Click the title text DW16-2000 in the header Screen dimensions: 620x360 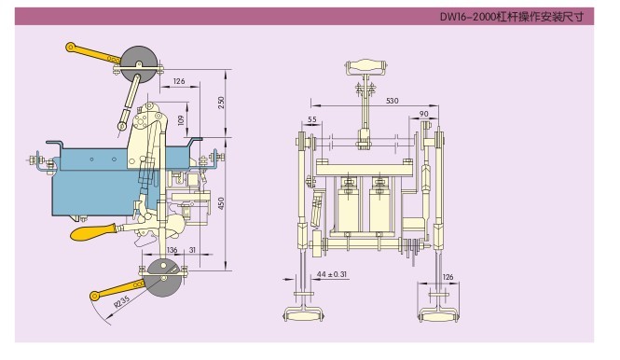click(x=468, y=17)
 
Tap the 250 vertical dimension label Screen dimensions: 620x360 click(x=221, y=103)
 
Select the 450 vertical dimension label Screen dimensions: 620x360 click(x=221, y=203)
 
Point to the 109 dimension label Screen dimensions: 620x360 click(x=181, y=120)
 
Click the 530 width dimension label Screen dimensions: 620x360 click(x=392, y=101)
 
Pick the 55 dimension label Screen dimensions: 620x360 click(x=312, y=119)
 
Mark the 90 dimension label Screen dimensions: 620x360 click(x=424, y=114)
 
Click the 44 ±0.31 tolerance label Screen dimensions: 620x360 click(x=332, y=274)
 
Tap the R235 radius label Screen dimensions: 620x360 click(x=122, y=301)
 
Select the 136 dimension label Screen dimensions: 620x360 click(x=172, y=250)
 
